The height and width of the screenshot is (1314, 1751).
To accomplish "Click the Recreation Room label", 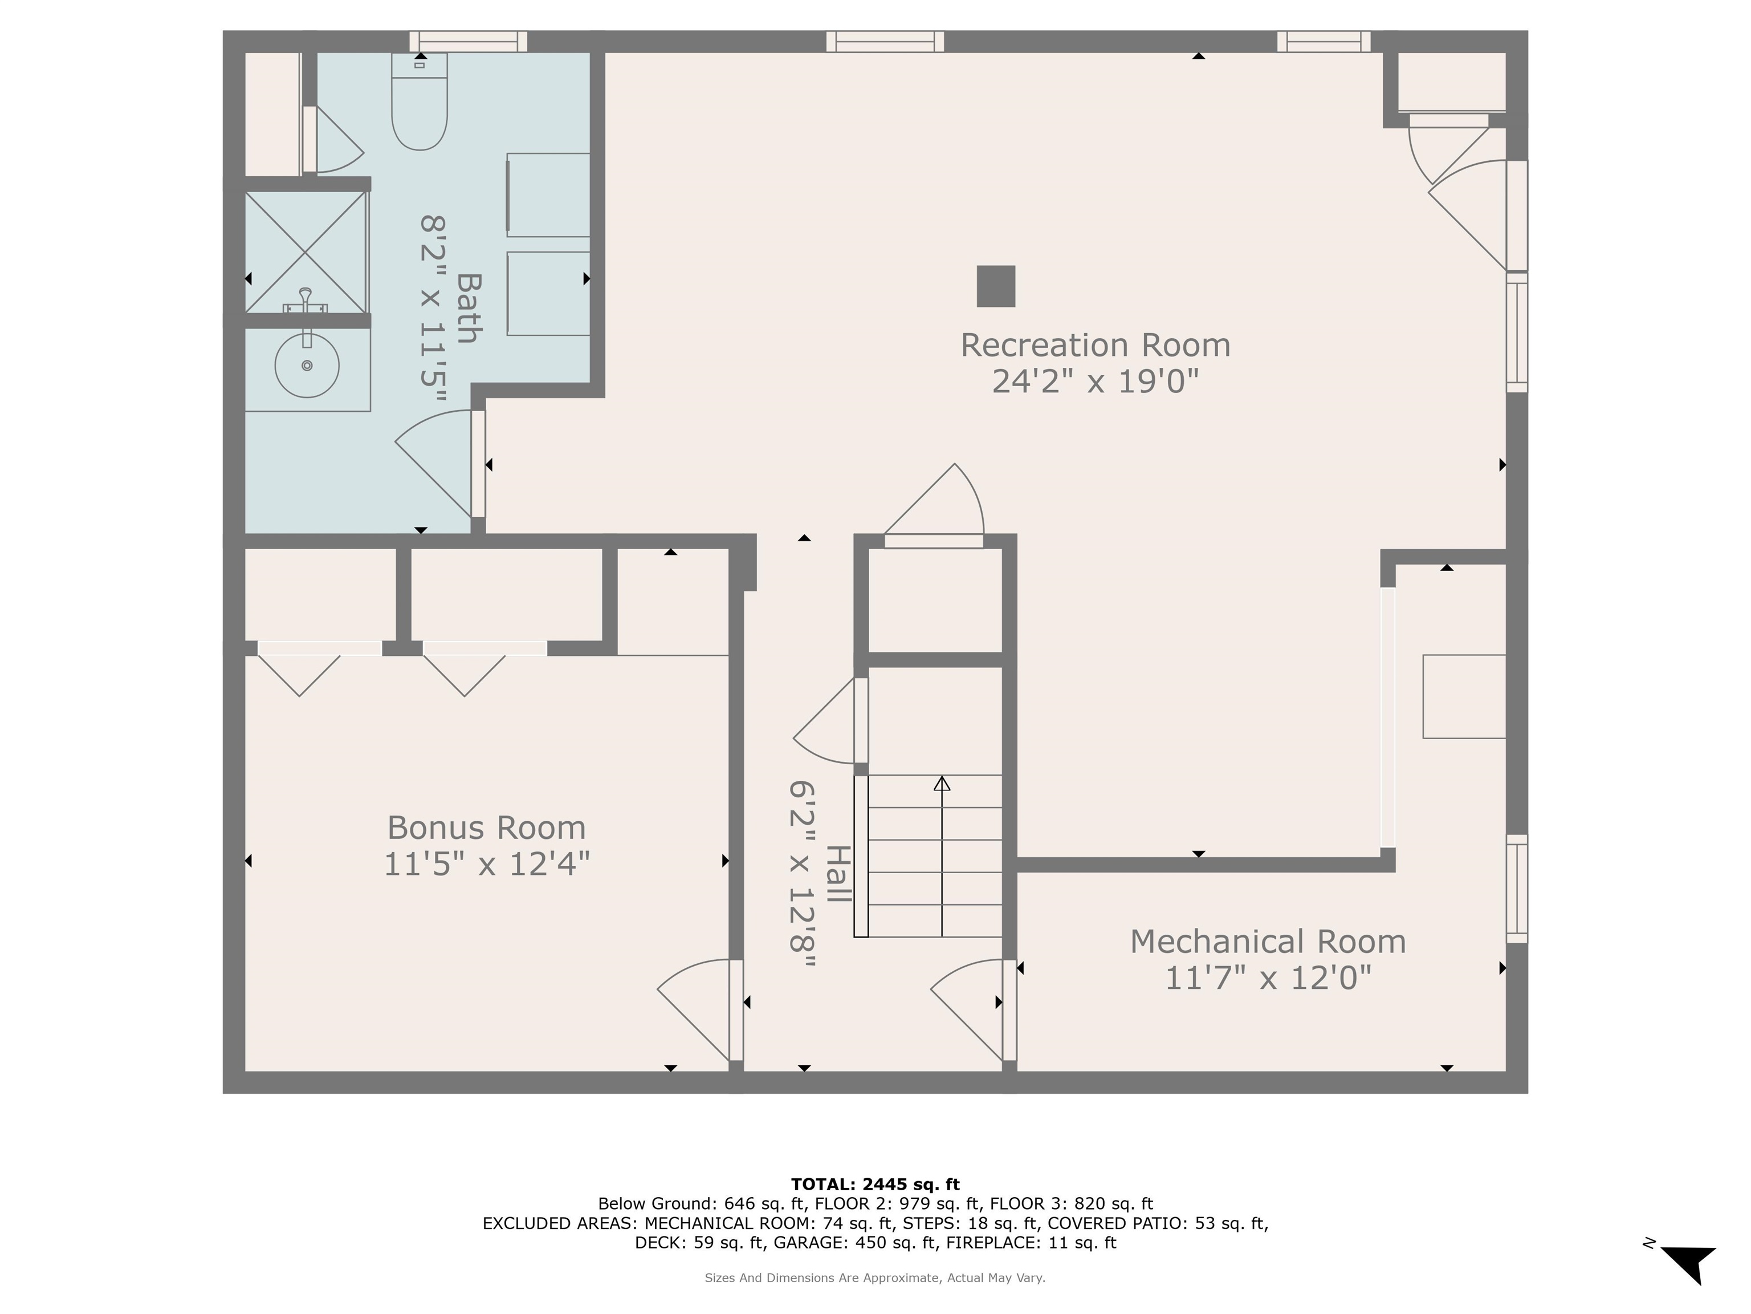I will [1095, 346].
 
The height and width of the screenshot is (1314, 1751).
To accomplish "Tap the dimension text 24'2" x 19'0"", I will [1095, 382].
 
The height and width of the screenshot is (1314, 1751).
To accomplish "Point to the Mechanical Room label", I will [1267, 942].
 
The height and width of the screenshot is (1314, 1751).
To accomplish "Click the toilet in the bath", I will [420, 103].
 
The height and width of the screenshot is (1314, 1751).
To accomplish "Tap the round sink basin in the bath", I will [307, 365].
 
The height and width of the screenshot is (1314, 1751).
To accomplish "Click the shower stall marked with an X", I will [306, 252].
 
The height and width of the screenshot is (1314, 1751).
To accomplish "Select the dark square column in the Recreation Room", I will [996, 286].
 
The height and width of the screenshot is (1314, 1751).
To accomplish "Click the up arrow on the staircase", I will [941, 784].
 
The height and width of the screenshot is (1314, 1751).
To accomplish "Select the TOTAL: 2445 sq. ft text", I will [875, 1184].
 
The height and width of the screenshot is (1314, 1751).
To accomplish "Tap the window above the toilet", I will [468, 41].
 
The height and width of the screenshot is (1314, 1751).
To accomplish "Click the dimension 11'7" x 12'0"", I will [1267, 978].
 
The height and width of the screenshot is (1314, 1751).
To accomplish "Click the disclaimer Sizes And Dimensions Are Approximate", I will [875, 1277].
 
